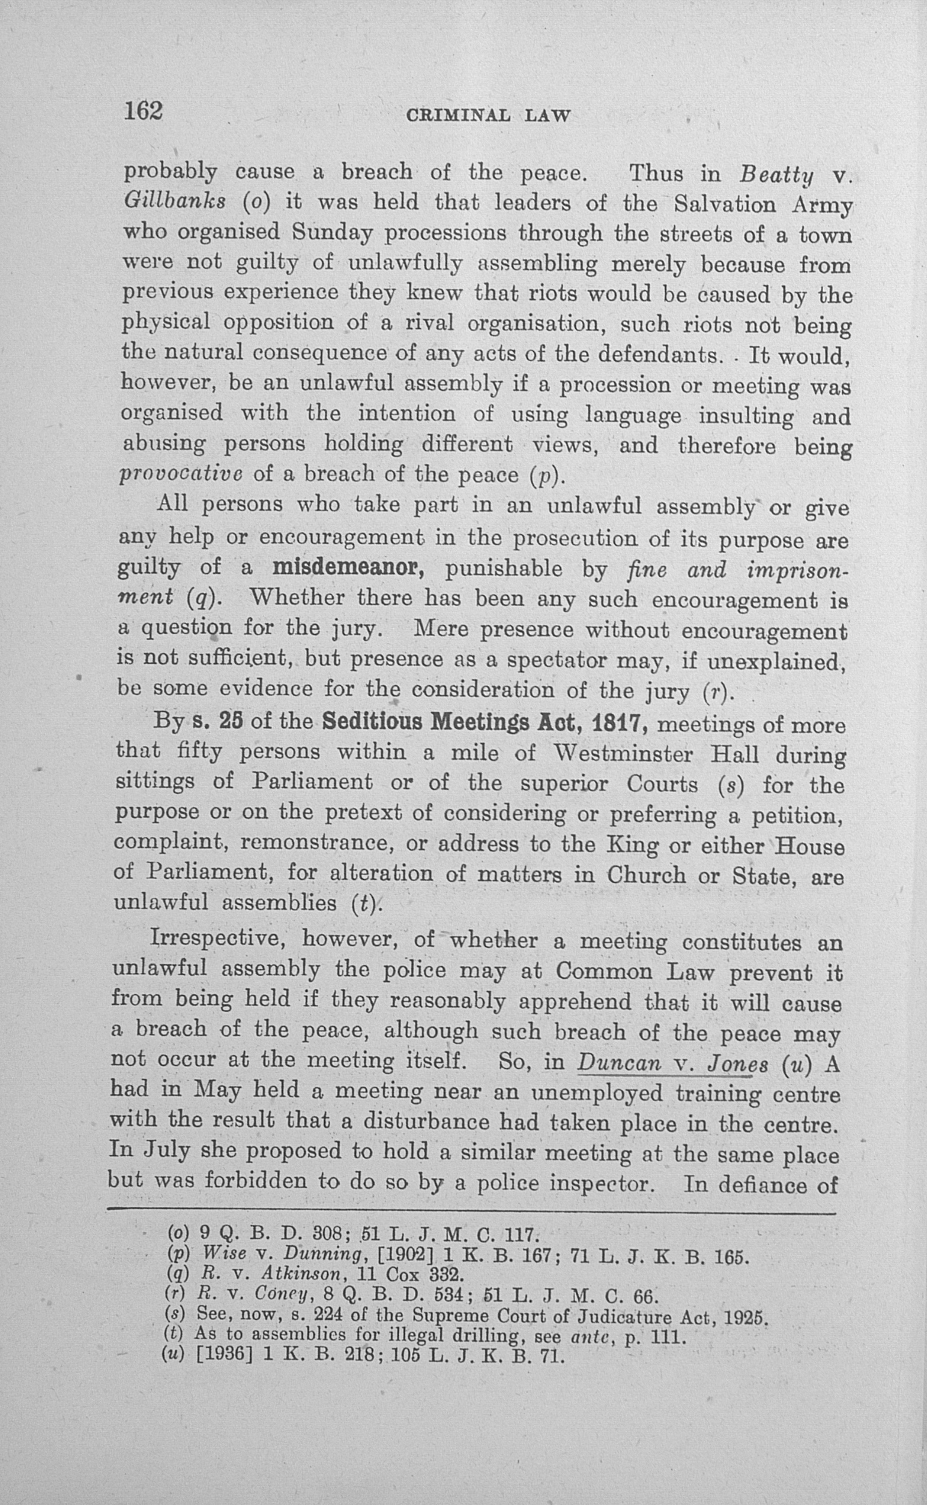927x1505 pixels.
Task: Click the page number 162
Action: [143, 111]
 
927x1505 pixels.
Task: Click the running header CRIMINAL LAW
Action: [488, 116]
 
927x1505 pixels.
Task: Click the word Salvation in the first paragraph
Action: [725, 204]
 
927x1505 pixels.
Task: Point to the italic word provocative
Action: [181, 474]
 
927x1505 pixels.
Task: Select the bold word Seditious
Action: [372, 722]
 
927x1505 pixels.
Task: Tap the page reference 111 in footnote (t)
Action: [666, 1335]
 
